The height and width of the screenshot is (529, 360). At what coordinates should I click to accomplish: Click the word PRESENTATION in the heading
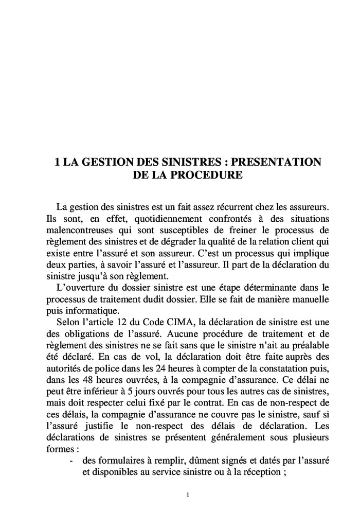(x=277, y=162)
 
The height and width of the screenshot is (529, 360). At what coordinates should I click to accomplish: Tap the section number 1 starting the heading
(x=58, y=162)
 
